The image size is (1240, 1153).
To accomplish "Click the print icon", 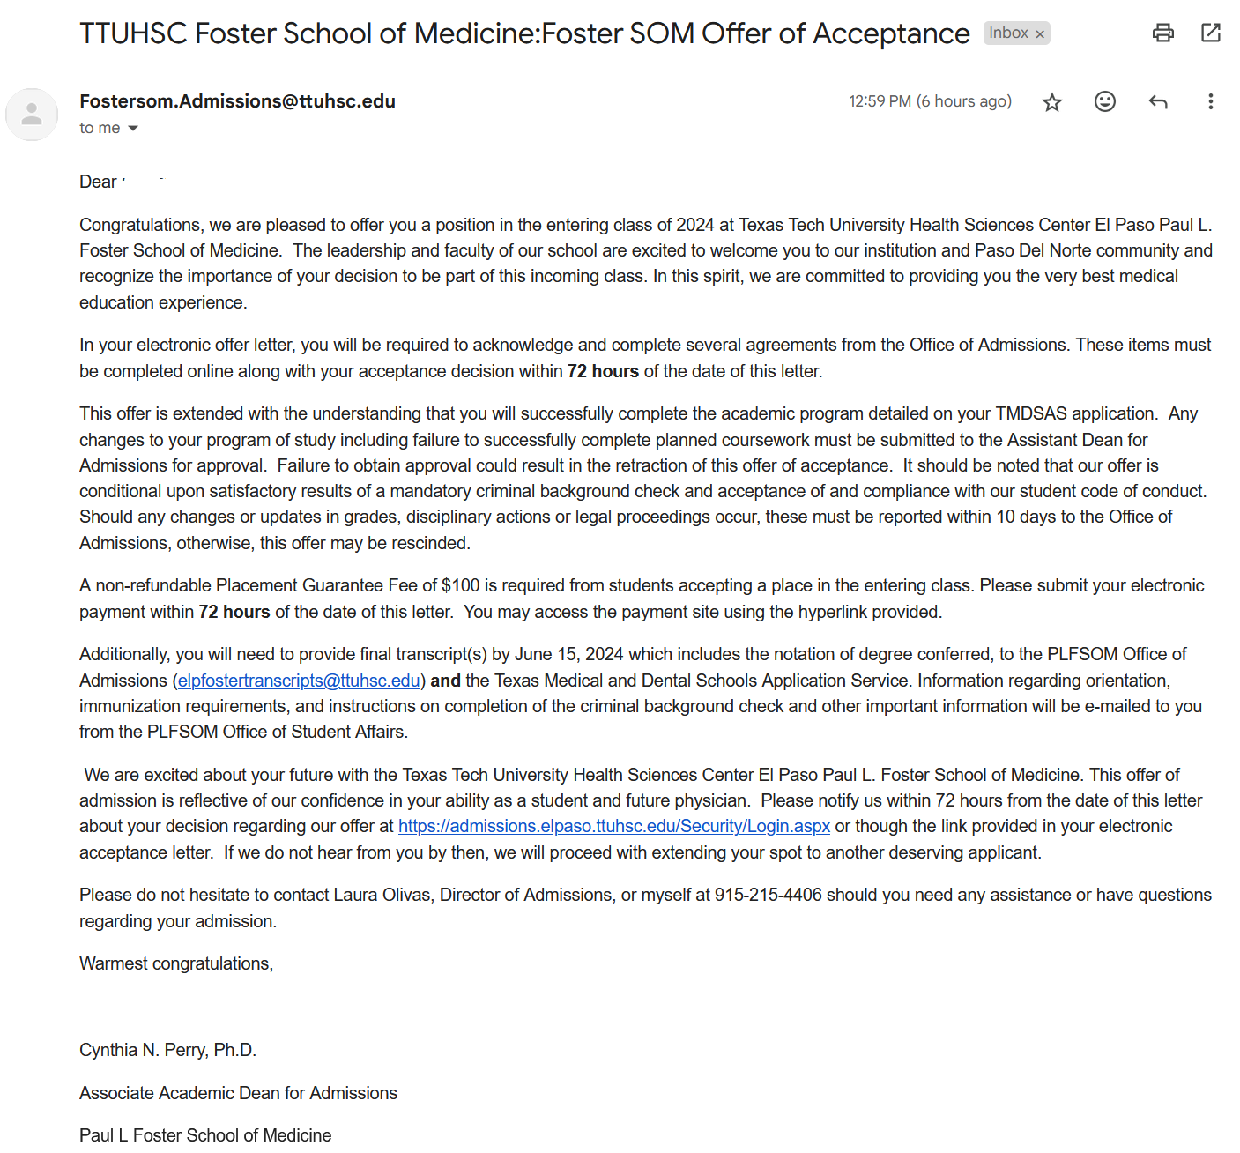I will coord(1163,33).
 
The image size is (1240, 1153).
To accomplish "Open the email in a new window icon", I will coord(1211,33).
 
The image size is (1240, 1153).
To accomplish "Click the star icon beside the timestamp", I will coord(1052,102).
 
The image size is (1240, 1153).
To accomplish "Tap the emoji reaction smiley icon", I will coord(1105,101).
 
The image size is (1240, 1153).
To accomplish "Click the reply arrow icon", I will coord(1158,102).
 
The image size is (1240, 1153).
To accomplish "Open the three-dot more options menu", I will coord(1211,101).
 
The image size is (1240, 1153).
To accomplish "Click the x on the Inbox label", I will coord(1040,34).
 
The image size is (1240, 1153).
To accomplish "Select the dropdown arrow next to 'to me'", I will coord(133,129).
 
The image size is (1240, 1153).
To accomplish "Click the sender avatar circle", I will coord(32,115).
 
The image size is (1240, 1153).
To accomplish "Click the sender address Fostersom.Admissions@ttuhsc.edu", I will coord(237,101).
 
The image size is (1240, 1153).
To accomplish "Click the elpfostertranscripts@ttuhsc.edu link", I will coord(299,681).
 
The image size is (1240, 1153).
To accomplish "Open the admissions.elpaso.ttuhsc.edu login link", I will coord(613,826).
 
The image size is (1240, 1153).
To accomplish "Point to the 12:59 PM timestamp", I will coord(880,101).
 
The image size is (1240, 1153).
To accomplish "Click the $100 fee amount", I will coord(460,585).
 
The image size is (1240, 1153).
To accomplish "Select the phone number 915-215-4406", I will coord(768,895).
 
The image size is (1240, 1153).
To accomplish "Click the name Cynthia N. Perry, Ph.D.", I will coord(167,1050).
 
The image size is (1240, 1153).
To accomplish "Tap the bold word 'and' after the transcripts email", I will coord(445,681).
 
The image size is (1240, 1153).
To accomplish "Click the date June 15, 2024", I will coord(568,654).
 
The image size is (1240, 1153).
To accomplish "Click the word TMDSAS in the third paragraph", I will coord(1031,413).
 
